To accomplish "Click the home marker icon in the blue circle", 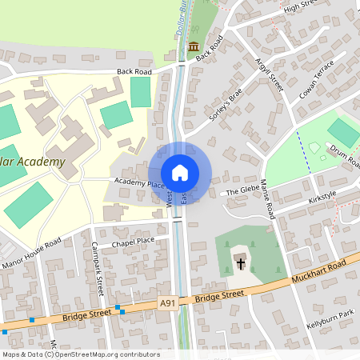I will (180, 173).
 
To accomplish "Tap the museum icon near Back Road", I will (194, 46).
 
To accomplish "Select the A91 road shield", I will (167, 303).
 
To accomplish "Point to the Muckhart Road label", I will (318, 274).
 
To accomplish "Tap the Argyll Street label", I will (270, 74).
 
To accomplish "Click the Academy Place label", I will (138, 183).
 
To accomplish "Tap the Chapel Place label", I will (133, 241).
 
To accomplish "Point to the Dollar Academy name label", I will (32, 162).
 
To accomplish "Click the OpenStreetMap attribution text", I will (81, 354).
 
